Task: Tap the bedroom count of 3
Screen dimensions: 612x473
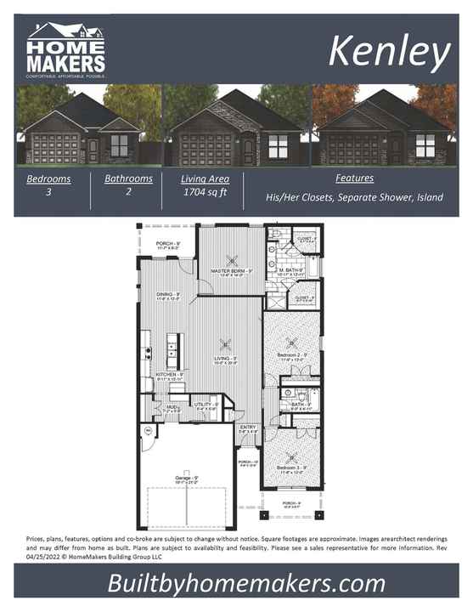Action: (x=48, y=193)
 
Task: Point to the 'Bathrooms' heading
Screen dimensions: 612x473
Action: (x=128, y=178)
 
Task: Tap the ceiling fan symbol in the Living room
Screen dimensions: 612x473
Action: (x=225, y=344)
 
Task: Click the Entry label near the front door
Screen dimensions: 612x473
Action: (x=248, y=428)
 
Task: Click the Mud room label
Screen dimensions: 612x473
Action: (x=171, y=407)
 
